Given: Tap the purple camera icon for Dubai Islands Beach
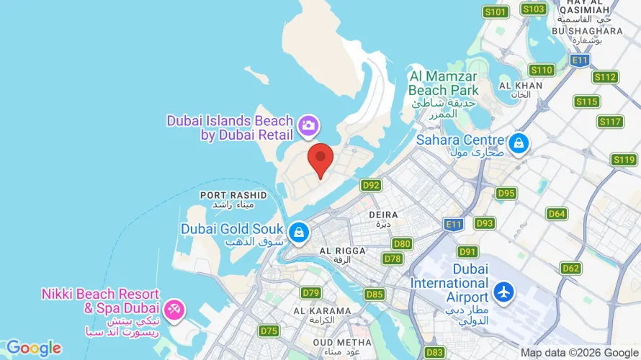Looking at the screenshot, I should click(308, 125).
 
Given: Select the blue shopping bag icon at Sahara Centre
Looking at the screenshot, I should click(518, 145).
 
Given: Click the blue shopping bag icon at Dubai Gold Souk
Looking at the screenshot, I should click(298, 232).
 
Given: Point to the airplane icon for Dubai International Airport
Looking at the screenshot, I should click(503, 293).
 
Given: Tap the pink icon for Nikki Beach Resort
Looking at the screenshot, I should click(174, 311).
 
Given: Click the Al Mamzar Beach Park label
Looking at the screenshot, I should click(443, 83).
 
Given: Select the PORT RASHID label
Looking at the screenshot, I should click(233, 195).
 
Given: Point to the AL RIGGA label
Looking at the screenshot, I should click(342, 251).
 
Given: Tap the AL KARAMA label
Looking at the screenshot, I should click(322, 311).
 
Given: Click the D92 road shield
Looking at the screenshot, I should click(371, 185).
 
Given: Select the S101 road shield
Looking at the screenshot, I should click(496, 12).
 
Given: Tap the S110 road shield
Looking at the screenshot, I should click(542, 70).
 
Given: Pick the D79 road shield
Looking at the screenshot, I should click(311, 292).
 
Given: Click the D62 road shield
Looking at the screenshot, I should click(570, 269).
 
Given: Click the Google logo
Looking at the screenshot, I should click(34, 348).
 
